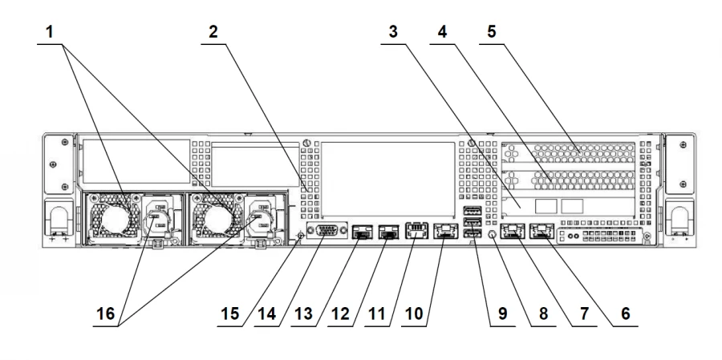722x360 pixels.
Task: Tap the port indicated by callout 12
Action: pyautogui.click(x=389, y=233)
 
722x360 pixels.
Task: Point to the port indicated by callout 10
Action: pyautogui.click(x=444, y=233)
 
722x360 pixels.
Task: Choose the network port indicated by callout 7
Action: pyautogui.click(x=513, y=233)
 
